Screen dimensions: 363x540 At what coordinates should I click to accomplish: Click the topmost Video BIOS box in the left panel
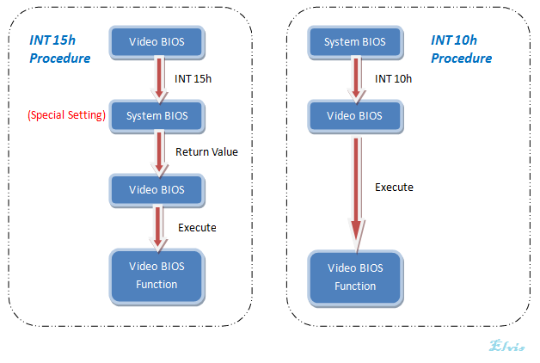click(x=155, y=41)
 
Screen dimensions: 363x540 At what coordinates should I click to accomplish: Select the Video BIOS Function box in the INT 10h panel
click(x=355, y=278)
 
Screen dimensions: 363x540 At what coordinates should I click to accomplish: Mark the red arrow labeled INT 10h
click(x=354, y=78)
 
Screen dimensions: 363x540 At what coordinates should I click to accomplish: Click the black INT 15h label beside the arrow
click(x=193, y=78)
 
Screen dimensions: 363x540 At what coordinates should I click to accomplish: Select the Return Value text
click(x=206, y=152)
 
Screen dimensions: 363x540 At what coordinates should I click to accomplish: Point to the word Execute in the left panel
click(x=197, y=227)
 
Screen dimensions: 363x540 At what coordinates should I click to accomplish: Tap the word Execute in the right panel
click(x=394, y=187)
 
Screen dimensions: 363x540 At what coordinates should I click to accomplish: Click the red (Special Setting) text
click(x=66, y=115)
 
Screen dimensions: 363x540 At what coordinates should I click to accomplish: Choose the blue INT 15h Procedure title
click(x=58, y=50)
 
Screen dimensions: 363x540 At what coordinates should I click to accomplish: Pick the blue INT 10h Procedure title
click(x=461, y=50)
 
